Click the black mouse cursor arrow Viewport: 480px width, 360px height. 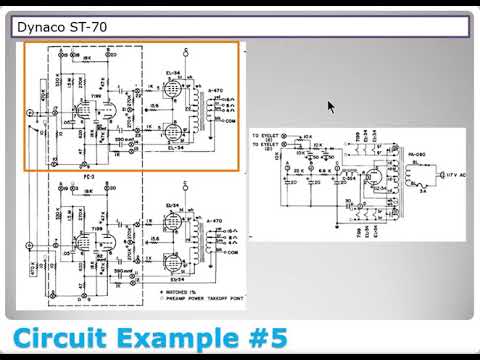pyautogui.click(x=332, y=107)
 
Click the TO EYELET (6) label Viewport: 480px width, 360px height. pyautogui.click(x=265, y=134)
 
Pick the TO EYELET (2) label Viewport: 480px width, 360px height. pyautogui.click(x=265, y=145)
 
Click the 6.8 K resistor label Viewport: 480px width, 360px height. pyautogui.click(x=327, y=171)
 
